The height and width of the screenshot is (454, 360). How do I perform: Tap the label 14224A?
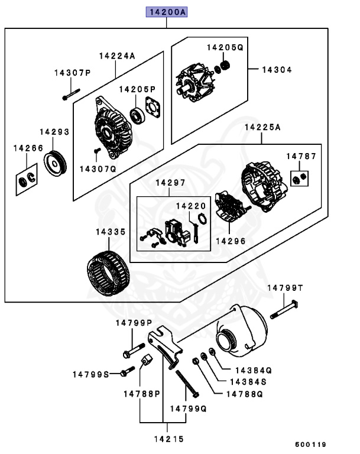117,56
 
